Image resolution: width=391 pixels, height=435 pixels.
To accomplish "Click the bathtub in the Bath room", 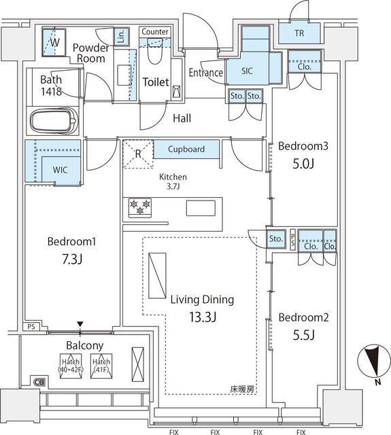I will (52, 122).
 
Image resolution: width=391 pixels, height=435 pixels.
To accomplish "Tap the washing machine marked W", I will (54, 41).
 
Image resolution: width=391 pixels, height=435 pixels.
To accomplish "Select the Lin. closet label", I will (120, 35).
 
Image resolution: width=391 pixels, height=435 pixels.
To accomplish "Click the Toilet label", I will (155, 82).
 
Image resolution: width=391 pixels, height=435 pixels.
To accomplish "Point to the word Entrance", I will (205, 73).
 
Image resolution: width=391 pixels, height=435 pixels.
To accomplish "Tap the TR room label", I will (299, 33).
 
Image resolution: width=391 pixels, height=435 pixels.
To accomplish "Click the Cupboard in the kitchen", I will (186, 149).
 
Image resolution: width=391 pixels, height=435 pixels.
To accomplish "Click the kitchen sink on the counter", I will (201, 208).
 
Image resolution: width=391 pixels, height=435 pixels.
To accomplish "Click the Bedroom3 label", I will (303, 145).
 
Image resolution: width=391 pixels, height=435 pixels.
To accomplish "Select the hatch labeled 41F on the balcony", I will (101, 366).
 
